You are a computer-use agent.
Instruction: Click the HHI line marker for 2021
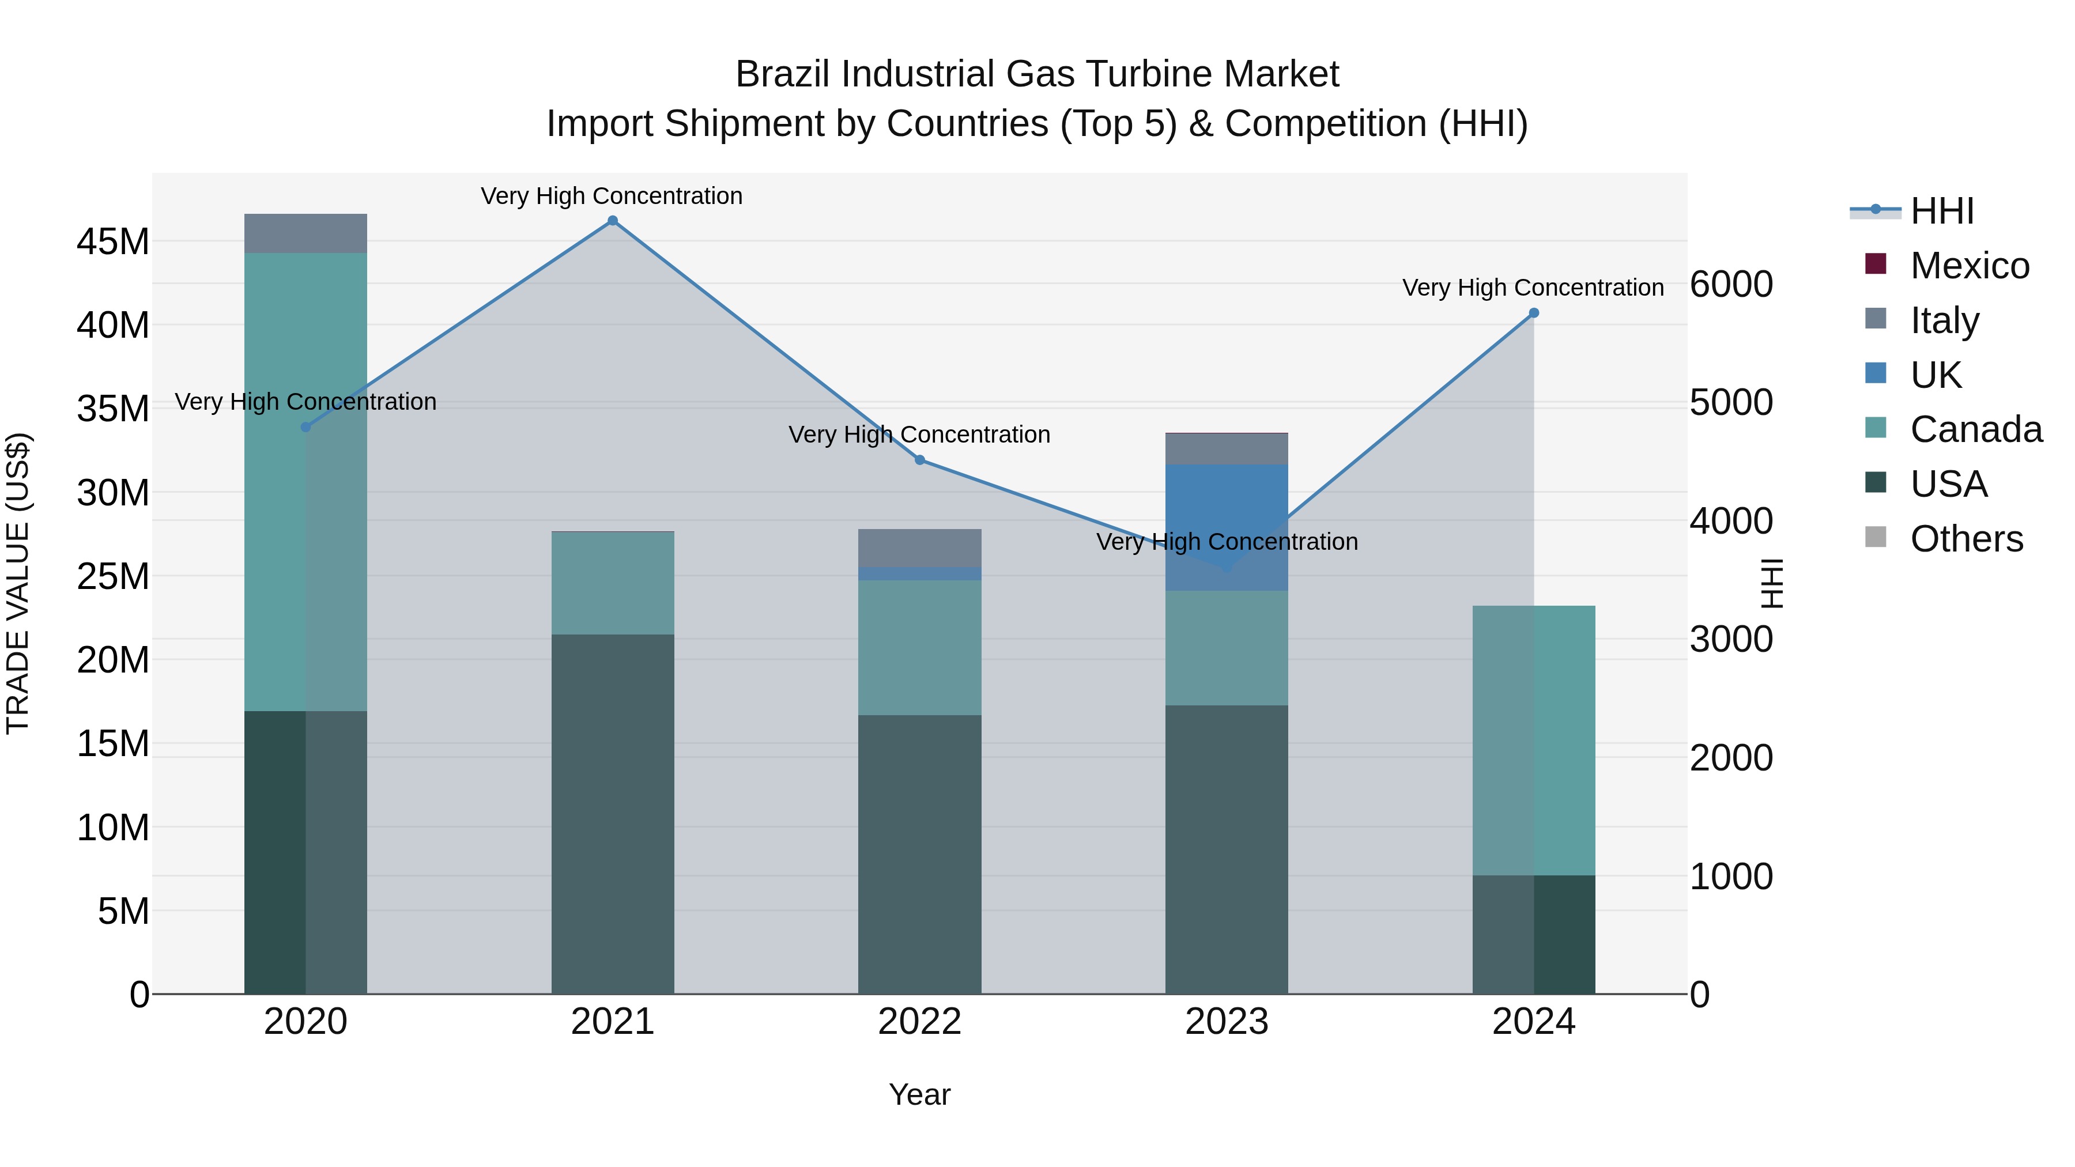612,221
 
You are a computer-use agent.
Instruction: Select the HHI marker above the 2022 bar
920,460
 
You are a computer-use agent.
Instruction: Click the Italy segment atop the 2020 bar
305,233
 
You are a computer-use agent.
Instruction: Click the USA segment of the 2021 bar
612,813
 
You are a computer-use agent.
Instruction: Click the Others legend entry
1965,539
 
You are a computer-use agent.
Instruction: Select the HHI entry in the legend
1941,211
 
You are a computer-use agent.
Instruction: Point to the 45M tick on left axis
113,241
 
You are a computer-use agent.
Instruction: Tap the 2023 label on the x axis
1226,1022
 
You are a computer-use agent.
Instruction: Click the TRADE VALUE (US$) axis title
18,583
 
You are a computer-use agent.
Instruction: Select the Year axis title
919,1094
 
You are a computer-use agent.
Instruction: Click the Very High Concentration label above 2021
612,196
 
